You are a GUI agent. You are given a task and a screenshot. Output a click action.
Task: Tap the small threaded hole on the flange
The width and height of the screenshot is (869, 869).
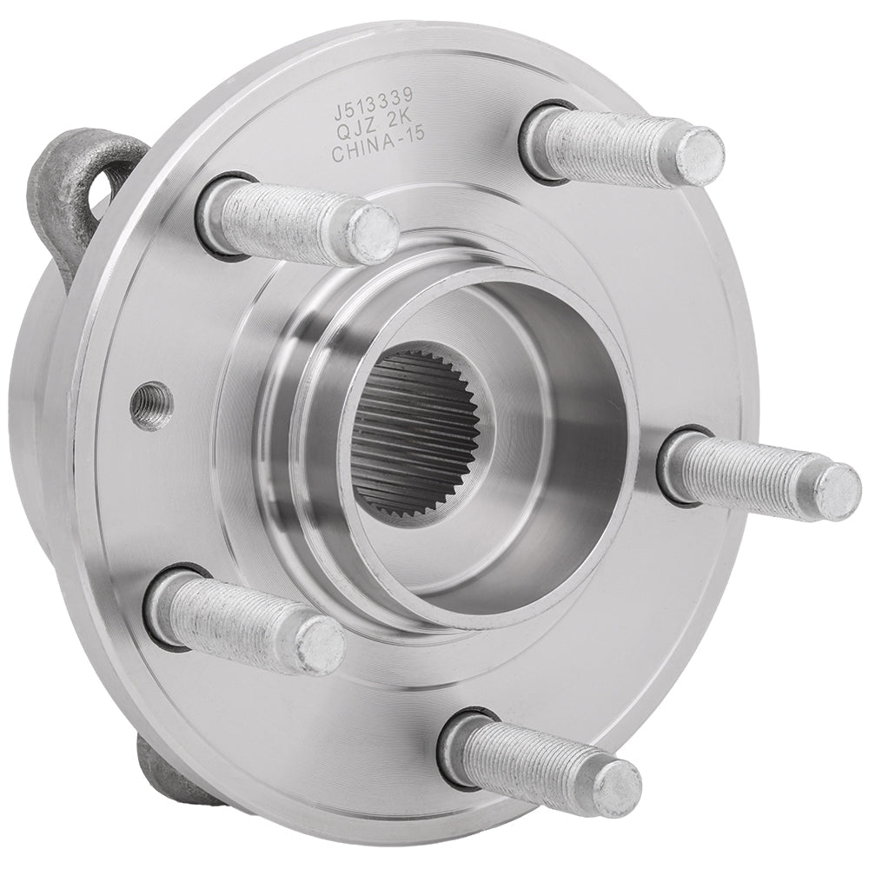pos(151,406)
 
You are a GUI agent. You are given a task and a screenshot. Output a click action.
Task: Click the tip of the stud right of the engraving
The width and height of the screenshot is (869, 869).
pos(700,156)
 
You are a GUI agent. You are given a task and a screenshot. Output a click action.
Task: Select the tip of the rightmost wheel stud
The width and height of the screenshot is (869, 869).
pos(837,492)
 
